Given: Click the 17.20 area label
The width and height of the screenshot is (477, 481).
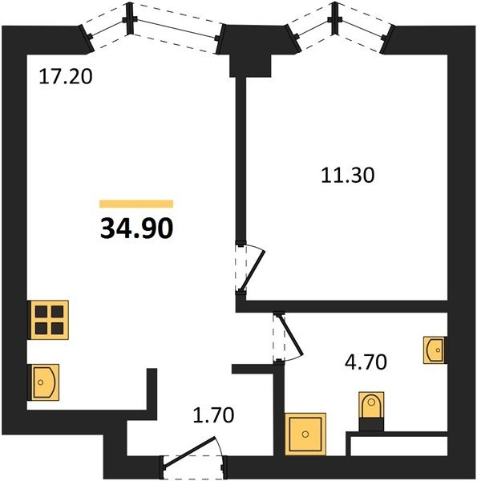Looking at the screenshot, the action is coord(66,77).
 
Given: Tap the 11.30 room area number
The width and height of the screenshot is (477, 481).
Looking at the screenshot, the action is coord(348,176).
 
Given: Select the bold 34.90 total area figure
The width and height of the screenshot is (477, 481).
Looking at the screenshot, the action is coord(136,228).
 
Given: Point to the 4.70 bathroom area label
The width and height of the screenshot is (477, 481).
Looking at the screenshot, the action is coord(366,362).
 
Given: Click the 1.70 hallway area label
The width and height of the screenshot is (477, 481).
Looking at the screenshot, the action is coord(213,414).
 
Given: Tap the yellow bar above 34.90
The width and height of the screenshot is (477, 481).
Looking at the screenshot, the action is coord(136,204).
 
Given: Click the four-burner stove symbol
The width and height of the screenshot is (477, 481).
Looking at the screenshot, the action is coord(48,320).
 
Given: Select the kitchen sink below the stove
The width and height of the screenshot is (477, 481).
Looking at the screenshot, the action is coord(43,382).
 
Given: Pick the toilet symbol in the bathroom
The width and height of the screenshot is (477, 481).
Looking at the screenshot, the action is coord(371,405).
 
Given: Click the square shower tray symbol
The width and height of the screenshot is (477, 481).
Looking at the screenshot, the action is coord(305,434).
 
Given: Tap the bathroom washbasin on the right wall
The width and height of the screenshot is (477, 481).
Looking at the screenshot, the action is coord(435,350).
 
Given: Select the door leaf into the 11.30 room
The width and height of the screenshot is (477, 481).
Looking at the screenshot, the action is coord(252,271).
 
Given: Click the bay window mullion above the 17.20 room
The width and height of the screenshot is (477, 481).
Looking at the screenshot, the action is coord(130,19).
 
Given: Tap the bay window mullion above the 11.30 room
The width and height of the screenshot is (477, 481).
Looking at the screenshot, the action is coord(335,19).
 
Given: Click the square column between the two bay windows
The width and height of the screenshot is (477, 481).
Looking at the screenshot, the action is coord(250,66).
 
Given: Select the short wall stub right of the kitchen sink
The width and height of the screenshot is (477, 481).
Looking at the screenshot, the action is coord(152,389).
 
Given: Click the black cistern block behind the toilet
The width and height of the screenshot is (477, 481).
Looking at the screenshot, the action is coord(371,425).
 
